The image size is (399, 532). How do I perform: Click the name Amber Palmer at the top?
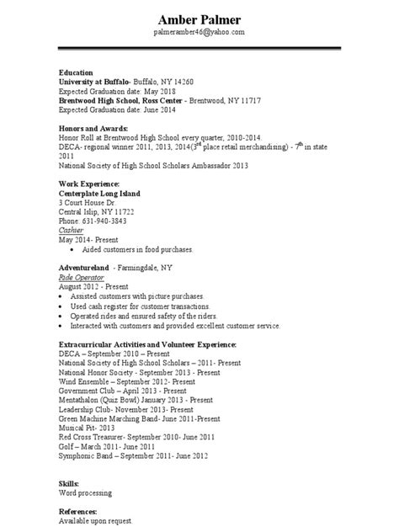199,19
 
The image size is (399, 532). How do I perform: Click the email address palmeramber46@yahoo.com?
199,31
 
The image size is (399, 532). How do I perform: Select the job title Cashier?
72,230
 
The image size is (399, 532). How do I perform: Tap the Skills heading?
69,485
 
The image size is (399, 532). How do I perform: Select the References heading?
78,512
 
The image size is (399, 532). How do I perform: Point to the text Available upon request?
98,521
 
